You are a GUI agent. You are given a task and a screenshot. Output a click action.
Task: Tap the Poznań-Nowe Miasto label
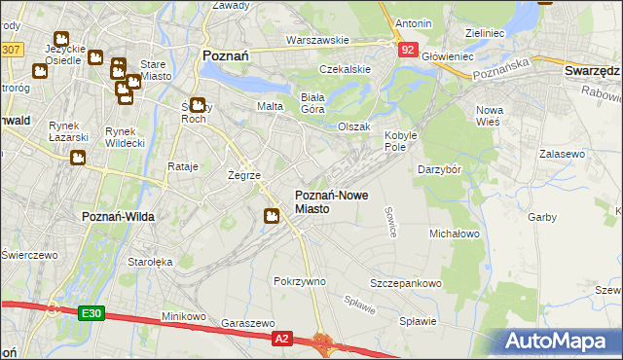331,201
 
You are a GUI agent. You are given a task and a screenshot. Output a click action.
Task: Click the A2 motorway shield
281,338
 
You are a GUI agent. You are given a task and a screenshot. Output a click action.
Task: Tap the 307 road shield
11,48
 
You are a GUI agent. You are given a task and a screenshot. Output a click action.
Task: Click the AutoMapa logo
562,342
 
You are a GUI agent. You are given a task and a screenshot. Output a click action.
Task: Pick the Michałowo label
455,234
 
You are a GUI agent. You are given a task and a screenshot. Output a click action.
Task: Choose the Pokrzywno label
299,281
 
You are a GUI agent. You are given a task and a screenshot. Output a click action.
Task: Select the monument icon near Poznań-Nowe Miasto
273,216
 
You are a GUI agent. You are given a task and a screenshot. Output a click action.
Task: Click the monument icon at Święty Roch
198,106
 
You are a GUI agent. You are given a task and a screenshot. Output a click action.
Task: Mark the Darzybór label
438,170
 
